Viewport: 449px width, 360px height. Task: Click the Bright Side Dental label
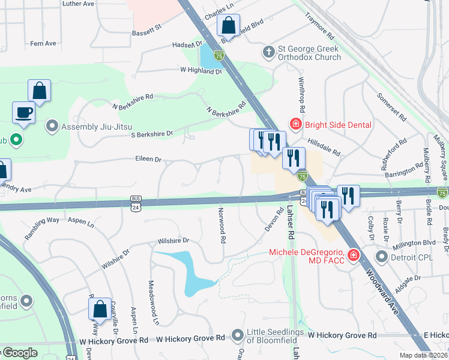pos(339,125)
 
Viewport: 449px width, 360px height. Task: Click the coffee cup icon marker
pos(24,112)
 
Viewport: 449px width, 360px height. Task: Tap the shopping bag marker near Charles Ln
pos(228,26)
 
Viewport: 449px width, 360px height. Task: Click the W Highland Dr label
pos(201,71)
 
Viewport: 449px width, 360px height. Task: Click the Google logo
pos(20,353)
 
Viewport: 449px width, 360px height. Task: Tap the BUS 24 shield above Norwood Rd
pos(136,199)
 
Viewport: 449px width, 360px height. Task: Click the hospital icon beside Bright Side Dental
pos(295,125)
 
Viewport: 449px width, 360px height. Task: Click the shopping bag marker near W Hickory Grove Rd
pos(100,309)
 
